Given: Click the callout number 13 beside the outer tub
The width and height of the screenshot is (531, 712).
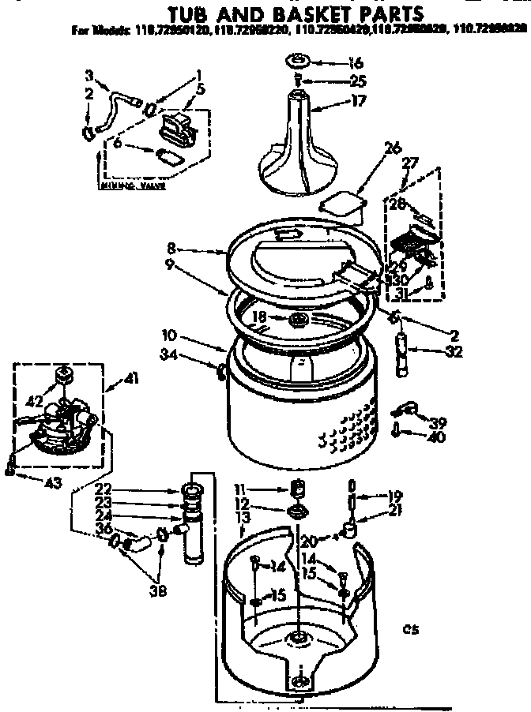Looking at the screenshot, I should tap(242, 517).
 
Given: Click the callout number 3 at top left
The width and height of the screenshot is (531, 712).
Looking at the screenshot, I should tap(89, 75).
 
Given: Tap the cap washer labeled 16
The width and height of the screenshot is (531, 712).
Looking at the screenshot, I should tap(298, 62).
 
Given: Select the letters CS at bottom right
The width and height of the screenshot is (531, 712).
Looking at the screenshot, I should tap(409, 629).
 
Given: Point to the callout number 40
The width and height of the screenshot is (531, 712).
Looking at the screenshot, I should tap(435, 437).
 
